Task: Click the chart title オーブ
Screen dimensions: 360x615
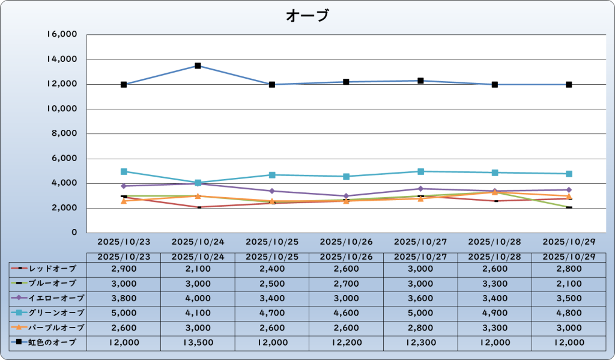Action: pos(307,15)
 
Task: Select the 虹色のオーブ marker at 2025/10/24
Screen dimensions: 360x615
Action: pos(198,66)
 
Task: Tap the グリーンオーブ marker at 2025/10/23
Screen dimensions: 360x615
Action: pos(124,171)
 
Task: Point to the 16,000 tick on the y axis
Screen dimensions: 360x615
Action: pos(62,35)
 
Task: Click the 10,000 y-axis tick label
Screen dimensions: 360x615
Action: pos(62,109)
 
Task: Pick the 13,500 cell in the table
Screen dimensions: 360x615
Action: pos(198,343)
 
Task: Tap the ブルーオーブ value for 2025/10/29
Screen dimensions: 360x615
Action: pos(569,282)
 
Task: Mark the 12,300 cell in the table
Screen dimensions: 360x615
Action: pos(420,343)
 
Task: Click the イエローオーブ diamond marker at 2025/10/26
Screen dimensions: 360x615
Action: pos(346,196)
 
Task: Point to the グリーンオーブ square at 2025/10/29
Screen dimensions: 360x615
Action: pos(569,174)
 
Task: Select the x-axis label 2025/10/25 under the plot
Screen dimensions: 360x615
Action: pos(272,242)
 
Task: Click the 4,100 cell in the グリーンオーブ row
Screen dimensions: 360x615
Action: pos(198,313)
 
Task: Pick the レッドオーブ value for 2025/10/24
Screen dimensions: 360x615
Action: pos(198,267)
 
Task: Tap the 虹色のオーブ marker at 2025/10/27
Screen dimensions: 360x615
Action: pos(420,81)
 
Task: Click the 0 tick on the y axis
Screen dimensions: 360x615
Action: pos(74,233)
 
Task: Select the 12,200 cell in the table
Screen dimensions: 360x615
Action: pos(346,343)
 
